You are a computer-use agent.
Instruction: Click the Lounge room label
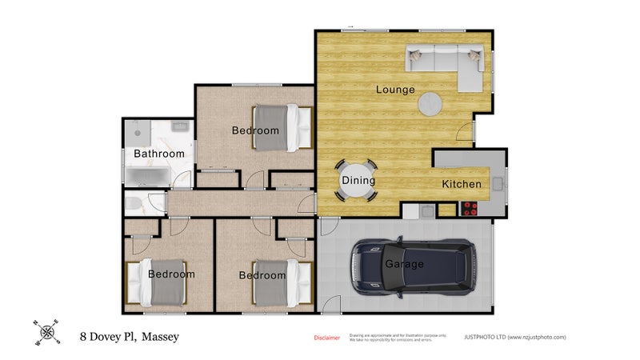pos(395,90)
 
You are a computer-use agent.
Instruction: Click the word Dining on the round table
pos(358,181)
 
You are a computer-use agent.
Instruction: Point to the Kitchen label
pos(462,184)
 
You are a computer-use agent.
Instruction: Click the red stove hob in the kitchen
pos(470,210)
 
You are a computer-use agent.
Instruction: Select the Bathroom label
pos(158,154)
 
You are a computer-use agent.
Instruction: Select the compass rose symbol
pos(47,332)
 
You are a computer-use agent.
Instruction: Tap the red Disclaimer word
pos(326,338)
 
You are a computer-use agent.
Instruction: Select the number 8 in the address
pos(82,338)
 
